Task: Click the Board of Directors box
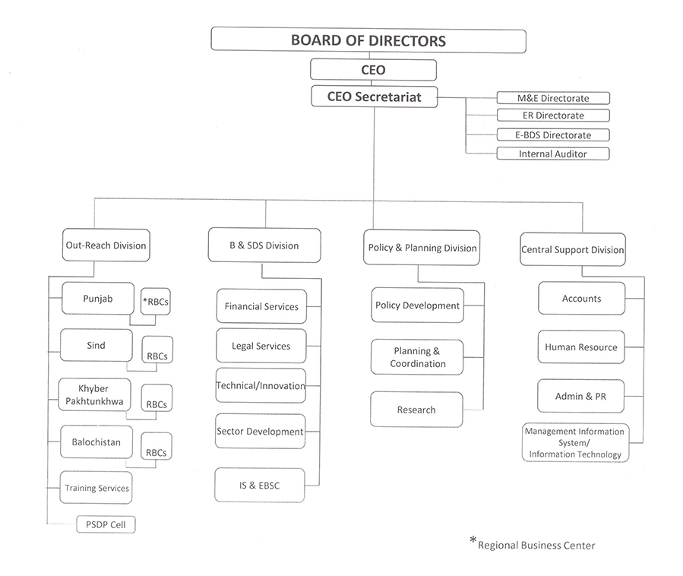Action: [x=368, y=40]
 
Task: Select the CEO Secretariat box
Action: [x=373, y=97]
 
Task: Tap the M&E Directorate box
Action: [x=553, y=98]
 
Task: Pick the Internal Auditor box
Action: [x=553, y=153]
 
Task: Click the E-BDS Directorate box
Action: [x=553, y=135]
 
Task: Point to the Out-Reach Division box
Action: [x=105, y=245]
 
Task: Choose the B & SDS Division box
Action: [x=264, y=245]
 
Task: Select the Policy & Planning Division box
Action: [x=422, y=248]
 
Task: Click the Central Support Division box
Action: [x=572, y=250]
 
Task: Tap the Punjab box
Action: [x=97, y=299]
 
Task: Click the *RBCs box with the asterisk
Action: [x=156, y=301]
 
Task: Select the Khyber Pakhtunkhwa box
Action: [x=93, y=394]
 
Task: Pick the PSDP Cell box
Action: [x=106, y=524]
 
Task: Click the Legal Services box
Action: [x=261, y=346]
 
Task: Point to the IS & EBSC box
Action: [x=259, y=485]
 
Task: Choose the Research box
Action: [x=416, y=410]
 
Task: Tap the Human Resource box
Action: [x=581, y=347]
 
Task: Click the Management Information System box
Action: [x=575, y=443]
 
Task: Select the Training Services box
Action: [x=96, y=488]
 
